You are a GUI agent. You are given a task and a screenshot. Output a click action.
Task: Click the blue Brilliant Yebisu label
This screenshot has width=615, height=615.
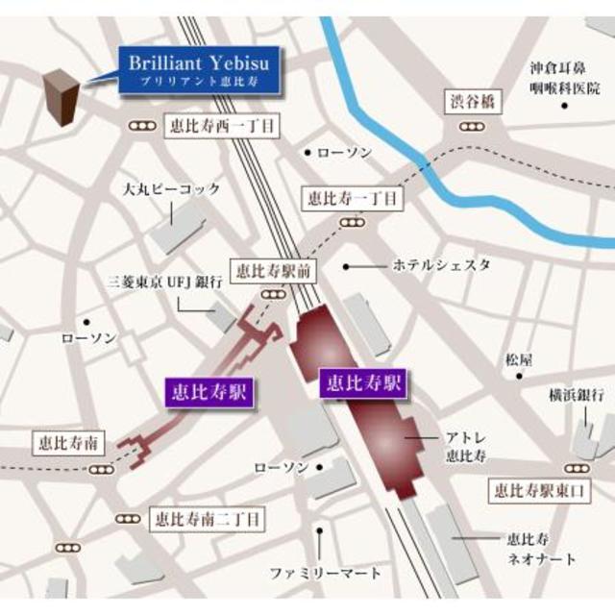click(x=200, y=71)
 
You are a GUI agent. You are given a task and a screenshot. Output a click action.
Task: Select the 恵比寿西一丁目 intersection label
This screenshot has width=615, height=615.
click(x=221, y=126)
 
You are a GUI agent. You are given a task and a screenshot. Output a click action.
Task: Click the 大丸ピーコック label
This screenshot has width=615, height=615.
click(x=172, y=189)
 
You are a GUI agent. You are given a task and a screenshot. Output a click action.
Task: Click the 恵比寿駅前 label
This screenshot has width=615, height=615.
click(x=272, y=272)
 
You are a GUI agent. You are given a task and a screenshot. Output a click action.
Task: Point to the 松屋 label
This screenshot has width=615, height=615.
click(x=519, y=359)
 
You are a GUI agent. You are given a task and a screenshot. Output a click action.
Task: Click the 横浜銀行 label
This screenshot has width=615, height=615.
click(x=576, y=394)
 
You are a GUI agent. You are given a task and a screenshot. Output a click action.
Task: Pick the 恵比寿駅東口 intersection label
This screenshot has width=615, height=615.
click(x=538, y=490)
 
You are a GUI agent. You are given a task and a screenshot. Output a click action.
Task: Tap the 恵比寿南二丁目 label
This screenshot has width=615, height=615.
click(x=207, y=519)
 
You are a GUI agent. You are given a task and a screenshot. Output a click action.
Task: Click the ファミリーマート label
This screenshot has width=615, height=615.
click(x=325, y=574)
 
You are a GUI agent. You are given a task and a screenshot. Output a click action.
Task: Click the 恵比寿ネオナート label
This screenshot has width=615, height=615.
click(x=542, y=549)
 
